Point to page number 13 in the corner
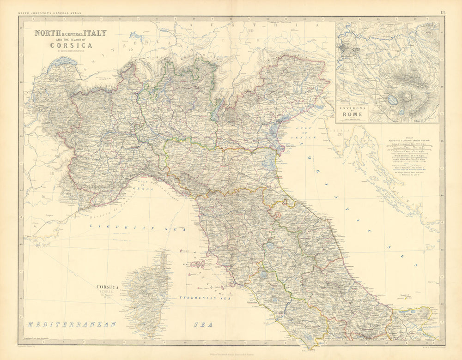coord(442,12)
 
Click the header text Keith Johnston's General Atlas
coord(49,13)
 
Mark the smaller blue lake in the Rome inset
coord(401,111)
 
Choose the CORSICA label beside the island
coord(108,287)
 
